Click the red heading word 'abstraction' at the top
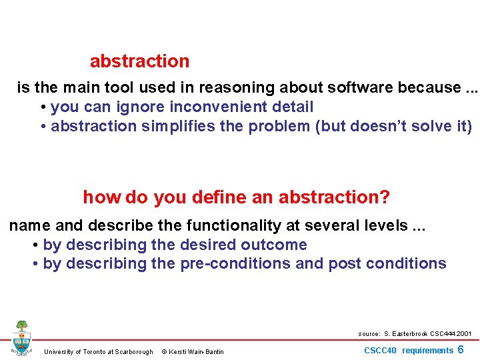click(139, 61)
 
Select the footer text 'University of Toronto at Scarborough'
click(98, 352)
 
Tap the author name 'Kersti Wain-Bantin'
click(197, 352)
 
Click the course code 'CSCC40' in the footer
click(380, 351)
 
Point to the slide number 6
click(461, 350)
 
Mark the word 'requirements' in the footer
click(427, 351)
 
